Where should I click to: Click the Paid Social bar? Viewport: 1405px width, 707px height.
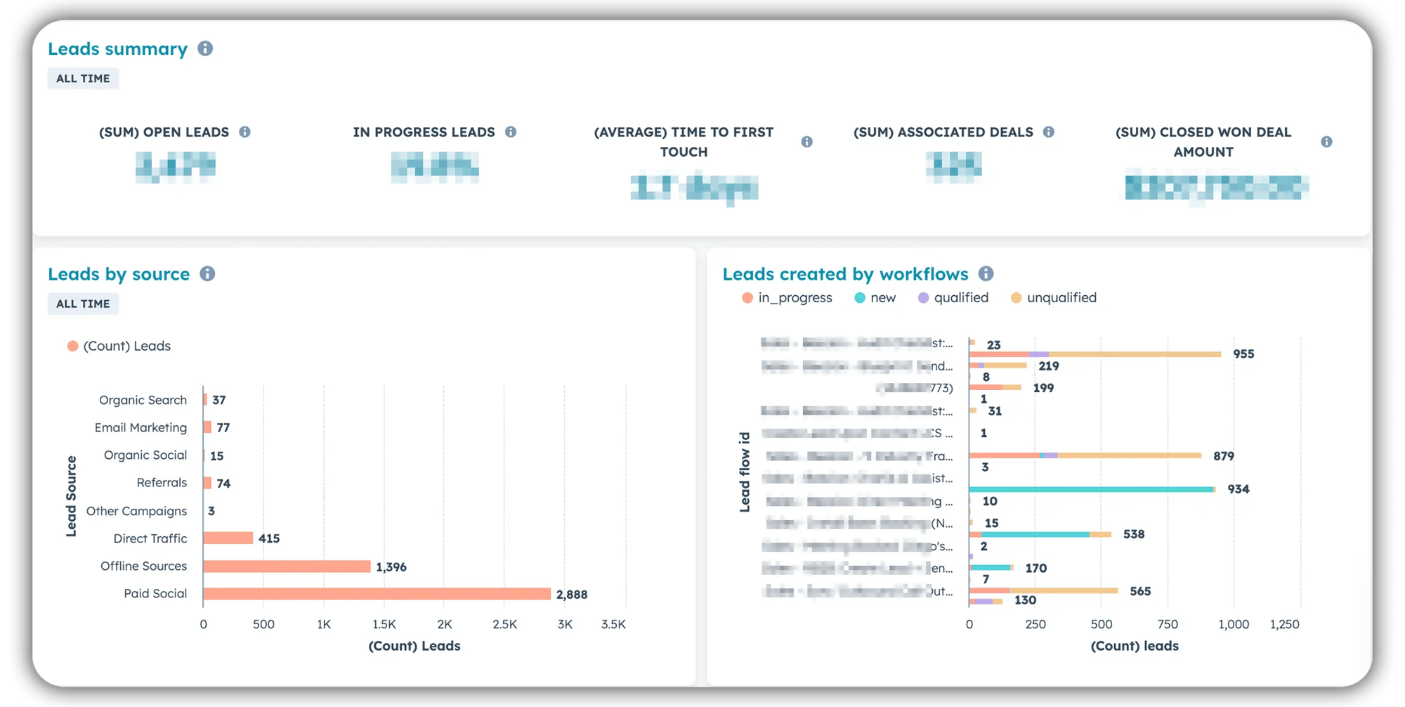point(377,594)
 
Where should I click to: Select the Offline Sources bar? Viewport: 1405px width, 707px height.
point(287,566)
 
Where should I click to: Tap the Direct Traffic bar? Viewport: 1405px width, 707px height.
point(228,538)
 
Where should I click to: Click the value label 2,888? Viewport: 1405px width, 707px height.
point(572,595)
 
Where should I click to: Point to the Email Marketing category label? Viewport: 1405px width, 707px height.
point(140,427)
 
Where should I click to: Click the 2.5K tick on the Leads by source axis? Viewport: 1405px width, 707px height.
point(504,624)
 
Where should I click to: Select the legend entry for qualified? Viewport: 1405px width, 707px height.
point(953,298)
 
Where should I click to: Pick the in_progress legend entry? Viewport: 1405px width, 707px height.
point(787,298)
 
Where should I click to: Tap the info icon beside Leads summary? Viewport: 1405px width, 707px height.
point(205,48)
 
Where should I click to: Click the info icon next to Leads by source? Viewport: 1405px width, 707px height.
point(207,273)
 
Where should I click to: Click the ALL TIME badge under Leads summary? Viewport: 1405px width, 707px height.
point(83,79)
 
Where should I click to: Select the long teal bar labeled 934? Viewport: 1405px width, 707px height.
point(1091,489)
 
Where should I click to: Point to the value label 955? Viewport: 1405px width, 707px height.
point(1243,354)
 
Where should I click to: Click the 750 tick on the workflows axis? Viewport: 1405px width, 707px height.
point(1168,624)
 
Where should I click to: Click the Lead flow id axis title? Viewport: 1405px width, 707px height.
point(745,472)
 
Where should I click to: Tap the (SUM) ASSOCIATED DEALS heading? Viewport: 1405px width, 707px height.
point(943,132)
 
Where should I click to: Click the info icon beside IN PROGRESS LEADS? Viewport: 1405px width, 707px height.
point(511,132)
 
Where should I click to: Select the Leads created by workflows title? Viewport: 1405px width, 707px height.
point(845,274)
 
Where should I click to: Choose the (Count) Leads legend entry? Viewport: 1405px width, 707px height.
point(119,346)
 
